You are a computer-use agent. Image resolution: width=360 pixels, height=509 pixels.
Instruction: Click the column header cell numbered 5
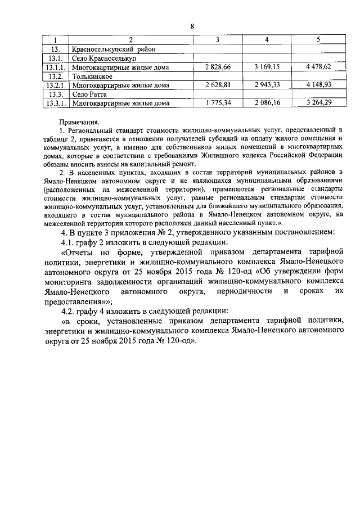pyautogui.click(x=319, y=40)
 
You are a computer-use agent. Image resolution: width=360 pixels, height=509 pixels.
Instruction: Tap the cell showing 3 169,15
pyautogui.click(x=267, y=67)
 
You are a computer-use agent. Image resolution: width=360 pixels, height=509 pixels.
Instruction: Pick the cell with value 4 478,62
pyautogui.click(x=319, y=67)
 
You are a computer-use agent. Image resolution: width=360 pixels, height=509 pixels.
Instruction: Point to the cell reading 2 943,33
pyautogui.click(x=267, y=85)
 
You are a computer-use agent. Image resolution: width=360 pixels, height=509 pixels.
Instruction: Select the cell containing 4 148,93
pyautogui.click(x=319, y=85)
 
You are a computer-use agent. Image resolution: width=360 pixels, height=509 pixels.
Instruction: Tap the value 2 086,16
pyautogui.click(x=267, y=103)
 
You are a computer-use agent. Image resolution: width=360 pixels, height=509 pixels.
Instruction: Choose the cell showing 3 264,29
pyautogui.click(x=319, y=103)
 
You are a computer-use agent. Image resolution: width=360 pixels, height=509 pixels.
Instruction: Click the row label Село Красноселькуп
pyautogui.click(x=105, y=58)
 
